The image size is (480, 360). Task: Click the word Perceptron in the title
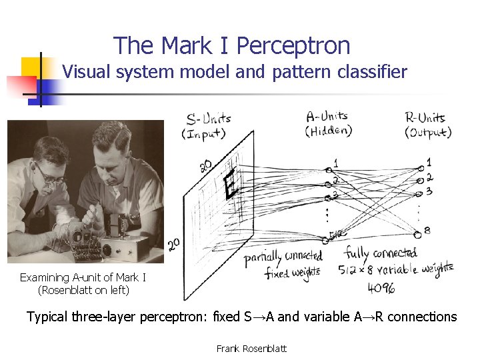click(293, 46)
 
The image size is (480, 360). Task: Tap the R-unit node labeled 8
click(418, 233)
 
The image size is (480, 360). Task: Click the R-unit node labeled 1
click(419, 167)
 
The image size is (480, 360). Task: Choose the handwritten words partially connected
click(283, 256)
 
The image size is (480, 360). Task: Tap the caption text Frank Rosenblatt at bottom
click(252, 348)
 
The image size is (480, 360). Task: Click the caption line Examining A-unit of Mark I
click(83, 277)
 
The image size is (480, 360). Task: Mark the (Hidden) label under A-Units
click(329, 131)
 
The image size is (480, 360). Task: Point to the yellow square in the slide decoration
click(31, 67)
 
